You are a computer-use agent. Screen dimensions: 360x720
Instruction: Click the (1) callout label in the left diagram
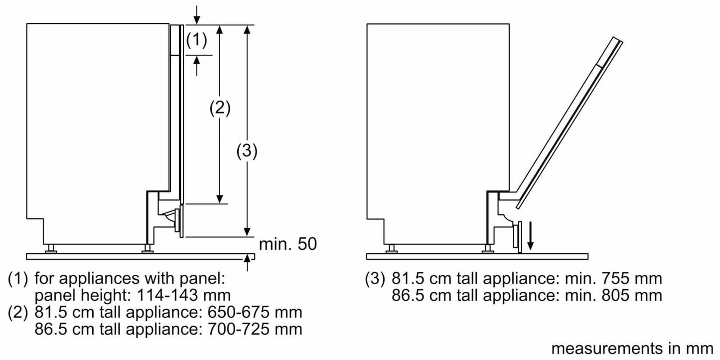tap(196, 41)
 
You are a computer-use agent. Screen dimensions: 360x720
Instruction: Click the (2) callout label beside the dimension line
tap(219, 108)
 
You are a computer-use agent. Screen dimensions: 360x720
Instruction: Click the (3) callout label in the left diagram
tap(246, 151)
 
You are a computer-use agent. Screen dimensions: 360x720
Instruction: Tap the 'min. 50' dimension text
tap(288, 244)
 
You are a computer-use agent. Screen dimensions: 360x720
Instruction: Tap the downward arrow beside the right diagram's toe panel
tap(531, 239)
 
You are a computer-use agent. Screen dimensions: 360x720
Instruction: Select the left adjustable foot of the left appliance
tap(50, 249)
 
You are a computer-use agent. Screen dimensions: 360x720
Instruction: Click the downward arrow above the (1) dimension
tap(197, 16)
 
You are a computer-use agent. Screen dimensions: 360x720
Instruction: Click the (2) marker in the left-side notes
tap(18, 313)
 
